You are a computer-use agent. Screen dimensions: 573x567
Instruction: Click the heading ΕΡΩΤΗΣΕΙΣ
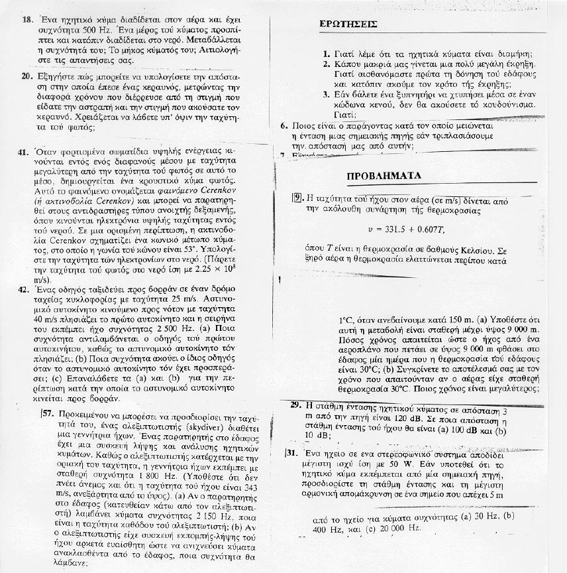[348, 24]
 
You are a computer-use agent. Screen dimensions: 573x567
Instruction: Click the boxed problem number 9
[297, 198]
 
